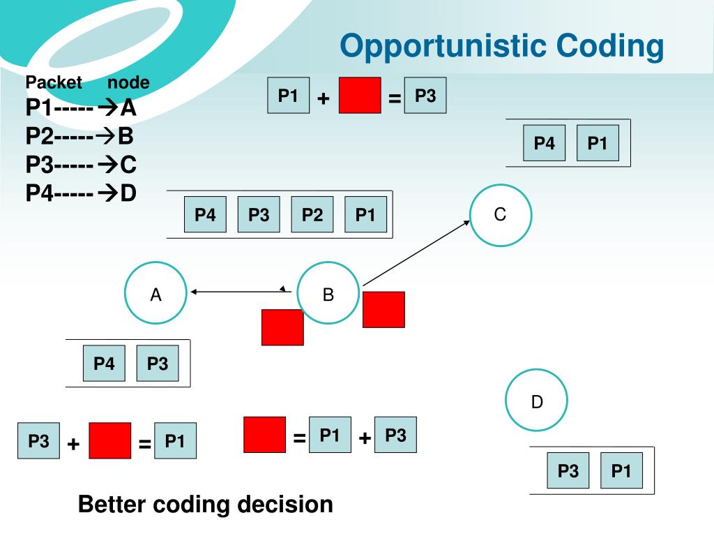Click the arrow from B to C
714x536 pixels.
coord(416,253)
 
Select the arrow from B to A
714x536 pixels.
coord(241,291)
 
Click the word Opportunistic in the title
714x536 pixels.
coord(443,47)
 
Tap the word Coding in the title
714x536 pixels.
coord(609,47)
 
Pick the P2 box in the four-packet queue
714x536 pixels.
coord(312,214)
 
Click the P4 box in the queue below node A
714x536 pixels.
coord(104,363)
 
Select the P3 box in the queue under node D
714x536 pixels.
coord(568,470)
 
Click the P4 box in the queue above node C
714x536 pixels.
coord(544,143)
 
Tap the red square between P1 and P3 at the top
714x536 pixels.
coord(360,95)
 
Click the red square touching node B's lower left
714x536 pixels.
coord(282,327)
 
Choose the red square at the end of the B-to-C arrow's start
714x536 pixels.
coord(383,309)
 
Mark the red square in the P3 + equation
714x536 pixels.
coord(109,440)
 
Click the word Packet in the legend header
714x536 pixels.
coord(54,82)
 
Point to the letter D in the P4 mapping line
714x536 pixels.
coord(128,193)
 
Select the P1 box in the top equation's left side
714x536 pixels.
coord(288,95)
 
